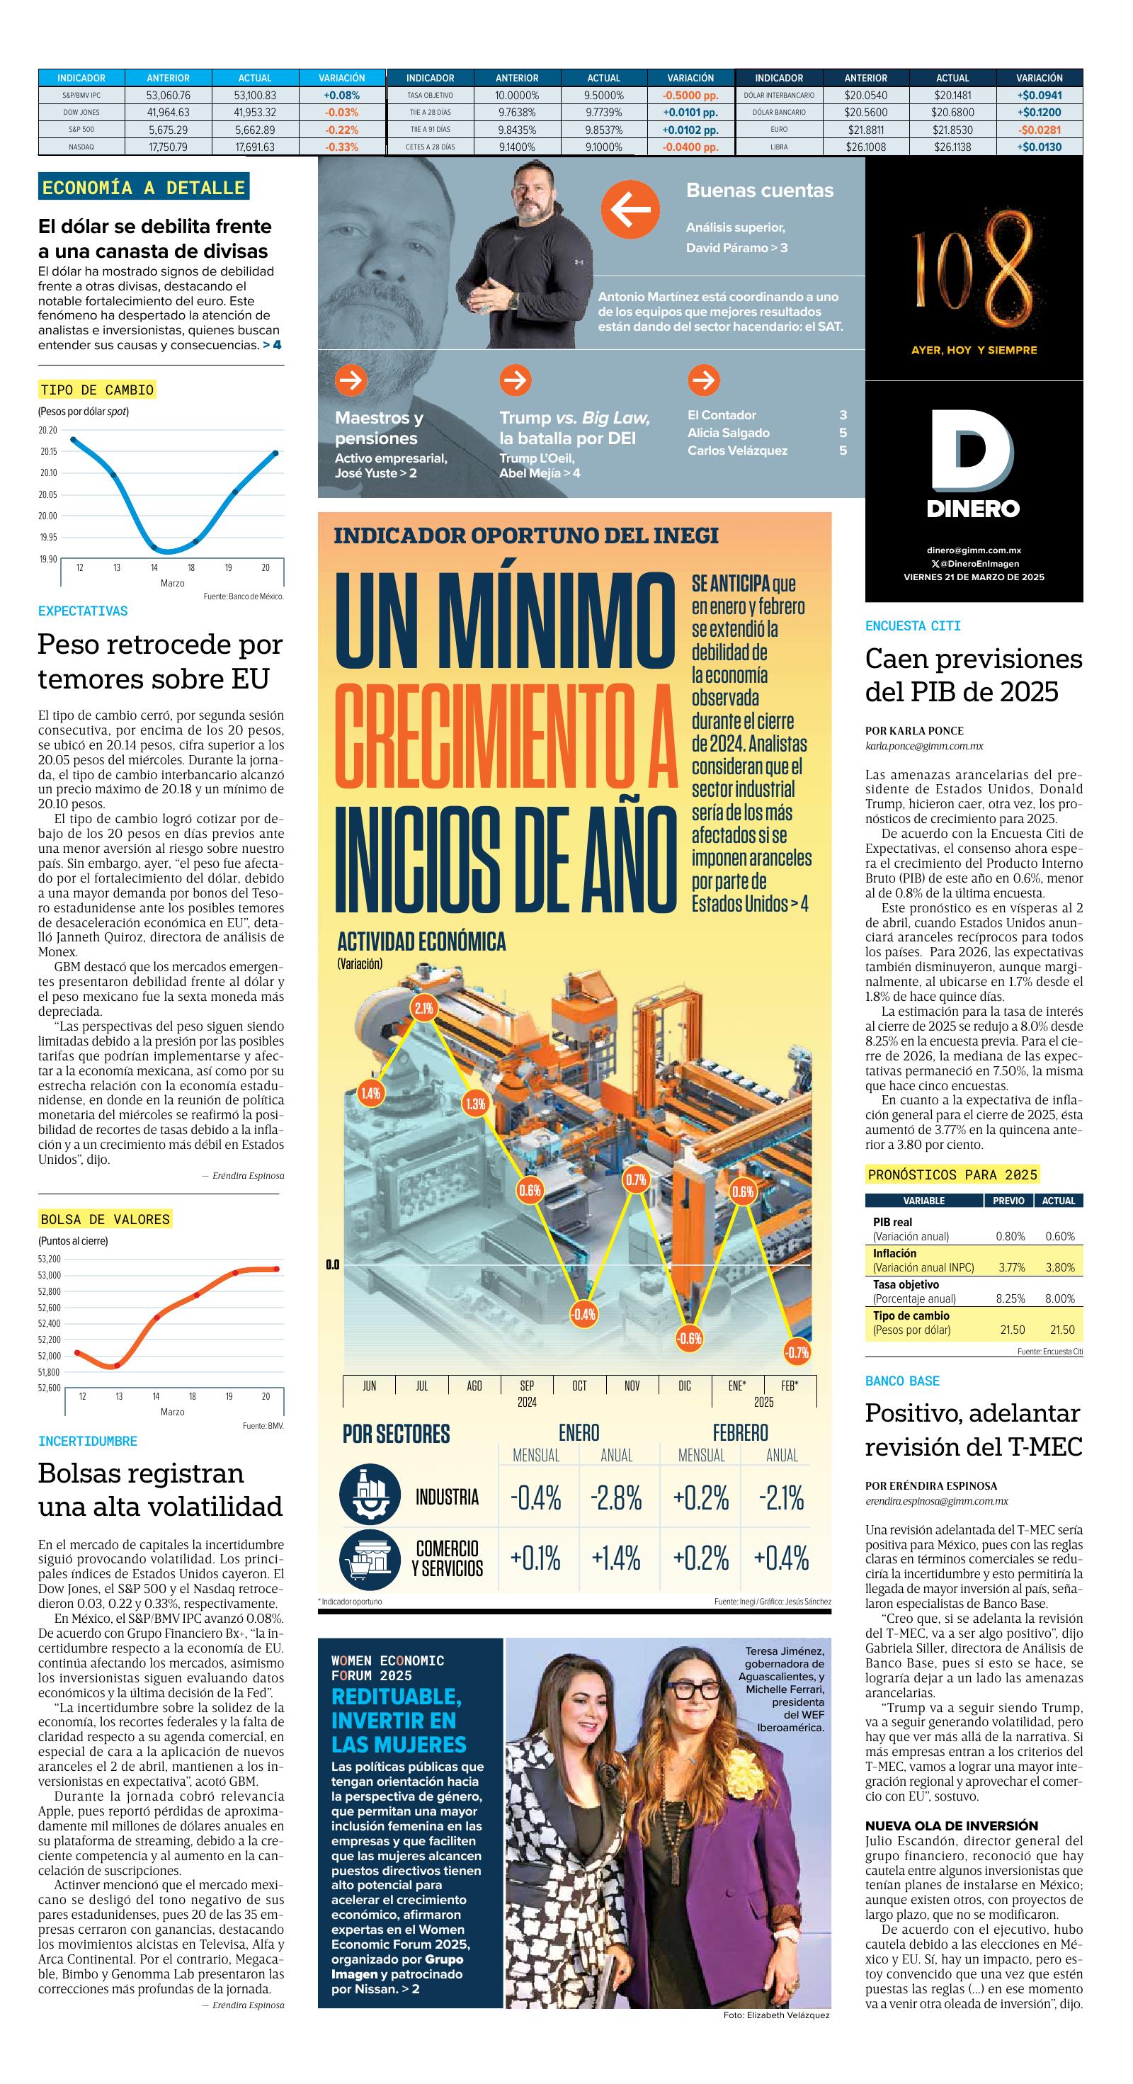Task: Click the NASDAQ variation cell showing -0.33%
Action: point(341,147)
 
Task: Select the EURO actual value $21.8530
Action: point(952,130)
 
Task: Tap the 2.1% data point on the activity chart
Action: point(423,1008)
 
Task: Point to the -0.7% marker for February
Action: point(797,1352)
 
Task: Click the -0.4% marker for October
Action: point(583,1314)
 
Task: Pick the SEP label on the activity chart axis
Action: point(526,1385)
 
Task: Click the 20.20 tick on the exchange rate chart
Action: point(49,431)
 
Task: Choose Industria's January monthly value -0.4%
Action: point(535,1498)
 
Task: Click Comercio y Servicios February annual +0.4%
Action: point(780,1558)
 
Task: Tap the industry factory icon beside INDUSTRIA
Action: point(370,1495)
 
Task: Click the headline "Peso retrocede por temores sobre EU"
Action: point(160,661)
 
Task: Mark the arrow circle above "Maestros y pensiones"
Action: point(351,380)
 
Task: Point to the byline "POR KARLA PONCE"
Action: point(914,730)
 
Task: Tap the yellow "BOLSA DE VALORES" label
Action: point(105,1219)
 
